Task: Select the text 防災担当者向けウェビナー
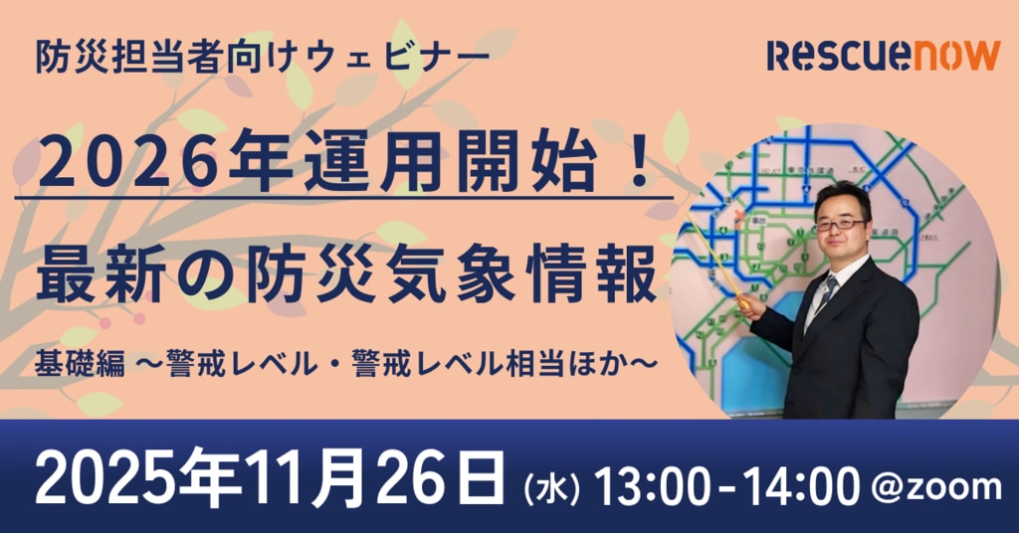263,56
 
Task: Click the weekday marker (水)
551,488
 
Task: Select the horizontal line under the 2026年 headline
343,197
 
